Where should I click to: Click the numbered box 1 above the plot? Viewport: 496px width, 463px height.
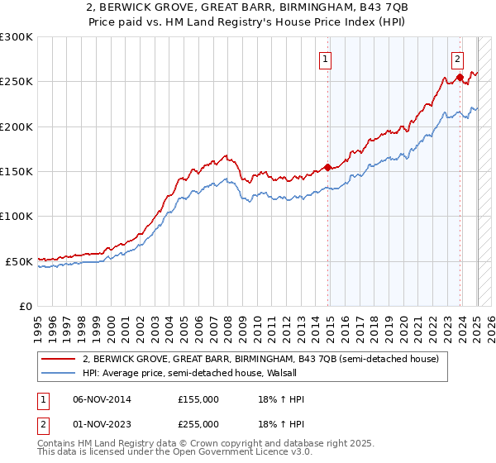tap(326, 59)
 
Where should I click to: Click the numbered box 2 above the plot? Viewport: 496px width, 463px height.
tap(457, 59)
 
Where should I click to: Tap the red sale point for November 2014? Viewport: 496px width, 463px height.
tap(327, 167)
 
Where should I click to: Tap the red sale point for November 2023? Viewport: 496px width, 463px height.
tap(460, 78)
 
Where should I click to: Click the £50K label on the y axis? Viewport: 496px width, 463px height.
tap(19, 261)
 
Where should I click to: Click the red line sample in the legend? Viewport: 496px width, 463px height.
tap(60, 359)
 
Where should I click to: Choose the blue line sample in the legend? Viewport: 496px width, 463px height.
tap(60, 373)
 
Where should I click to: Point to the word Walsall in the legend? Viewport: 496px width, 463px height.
tap(268, 373)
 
